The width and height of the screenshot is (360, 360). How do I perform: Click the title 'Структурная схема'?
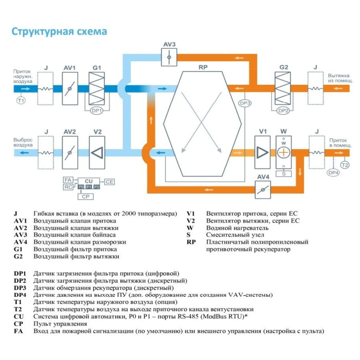59,31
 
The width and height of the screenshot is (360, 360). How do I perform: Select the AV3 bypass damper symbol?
169,58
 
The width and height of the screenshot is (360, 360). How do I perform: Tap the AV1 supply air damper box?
70,88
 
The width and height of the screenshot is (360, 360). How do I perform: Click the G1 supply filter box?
97,88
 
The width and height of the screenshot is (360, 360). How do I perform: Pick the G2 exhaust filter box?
283,88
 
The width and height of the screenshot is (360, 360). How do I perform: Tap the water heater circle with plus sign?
283,153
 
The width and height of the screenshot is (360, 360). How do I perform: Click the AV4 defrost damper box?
263,189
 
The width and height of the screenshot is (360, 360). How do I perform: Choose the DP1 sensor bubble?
97,110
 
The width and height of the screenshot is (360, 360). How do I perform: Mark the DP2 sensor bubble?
282,110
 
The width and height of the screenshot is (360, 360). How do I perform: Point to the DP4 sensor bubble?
333,173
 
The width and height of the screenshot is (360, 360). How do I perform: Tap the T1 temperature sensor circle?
21,100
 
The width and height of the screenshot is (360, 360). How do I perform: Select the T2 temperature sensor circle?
345,165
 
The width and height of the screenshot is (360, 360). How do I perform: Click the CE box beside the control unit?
110,182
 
